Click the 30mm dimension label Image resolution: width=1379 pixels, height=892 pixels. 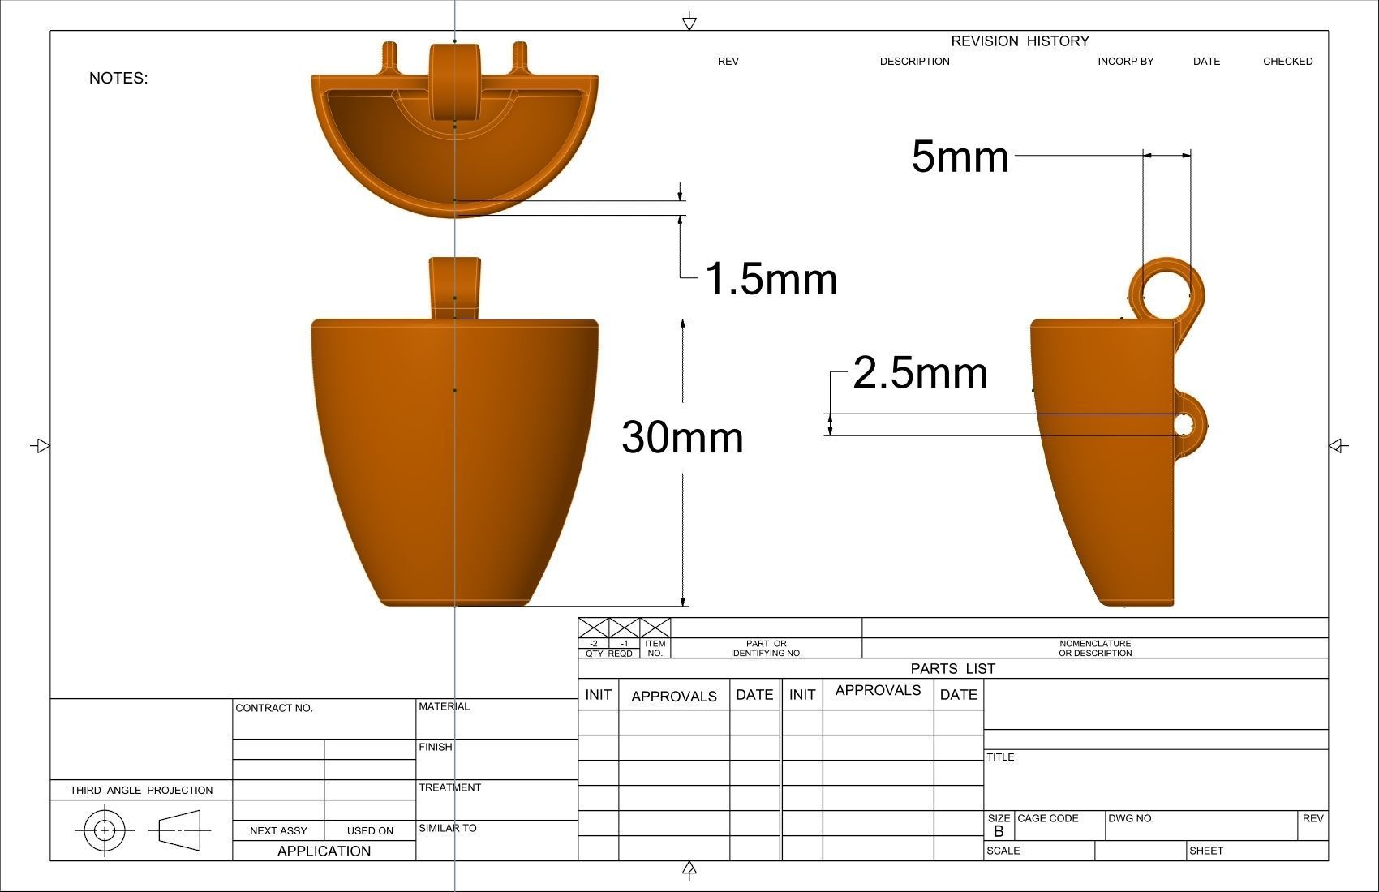click(682, 438)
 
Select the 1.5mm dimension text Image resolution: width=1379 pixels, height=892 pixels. click(771, 279)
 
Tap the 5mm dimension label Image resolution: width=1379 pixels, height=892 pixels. click(960, 156)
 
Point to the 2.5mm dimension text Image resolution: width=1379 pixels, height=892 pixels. click(920, 373)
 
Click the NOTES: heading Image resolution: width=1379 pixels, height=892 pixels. click(118, 79)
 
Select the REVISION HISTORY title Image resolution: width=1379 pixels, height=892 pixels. click(1020, 41)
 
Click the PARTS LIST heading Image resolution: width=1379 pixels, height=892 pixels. click(952, 669)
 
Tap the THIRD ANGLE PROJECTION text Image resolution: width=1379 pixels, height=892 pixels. click(141, 790)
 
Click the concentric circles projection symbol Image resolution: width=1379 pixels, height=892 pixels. click(105, 830)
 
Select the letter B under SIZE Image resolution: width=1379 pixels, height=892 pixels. click(999, 832)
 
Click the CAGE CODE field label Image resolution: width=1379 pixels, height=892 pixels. click(1047, 818)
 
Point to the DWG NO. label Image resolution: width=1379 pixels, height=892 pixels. click(1131, 818)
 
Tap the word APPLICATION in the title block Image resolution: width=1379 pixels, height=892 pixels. click(324, 851)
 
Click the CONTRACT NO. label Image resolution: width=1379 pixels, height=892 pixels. click(274, 708)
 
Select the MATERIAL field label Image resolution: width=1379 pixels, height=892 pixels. click(444, 706)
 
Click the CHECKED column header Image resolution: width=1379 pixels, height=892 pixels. click(1287, 62)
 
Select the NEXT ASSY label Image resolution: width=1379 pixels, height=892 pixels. click(278, 830)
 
